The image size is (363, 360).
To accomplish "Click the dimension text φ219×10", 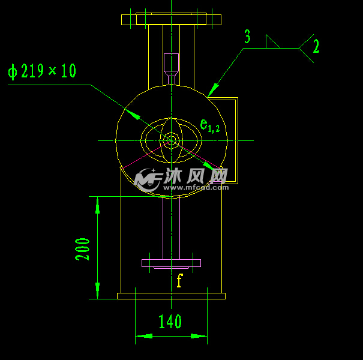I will point(42,71).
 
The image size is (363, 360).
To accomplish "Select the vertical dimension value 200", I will point(83,249).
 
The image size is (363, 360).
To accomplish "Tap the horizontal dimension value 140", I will point(170,322).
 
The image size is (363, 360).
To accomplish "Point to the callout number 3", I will point(247,37).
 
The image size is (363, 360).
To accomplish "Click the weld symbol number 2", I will point(316,47).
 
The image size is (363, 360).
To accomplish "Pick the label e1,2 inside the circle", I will point(209,125).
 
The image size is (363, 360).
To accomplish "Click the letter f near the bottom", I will point(179,280).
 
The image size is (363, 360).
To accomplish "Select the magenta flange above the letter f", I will point(171,263).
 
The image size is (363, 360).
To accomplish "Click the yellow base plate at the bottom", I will point(171,296).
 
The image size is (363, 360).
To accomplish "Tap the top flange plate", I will point(171,19).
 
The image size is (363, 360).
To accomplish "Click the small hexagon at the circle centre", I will point(171,141).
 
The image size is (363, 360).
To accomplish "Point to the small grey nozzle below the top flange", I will point(171,62).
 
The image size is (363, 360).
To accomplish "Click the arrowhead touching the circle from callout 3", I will point(210,92).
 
